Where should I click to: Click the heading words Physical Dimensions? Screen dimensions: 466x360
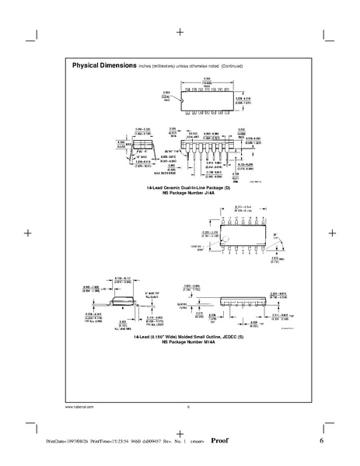point(104,65)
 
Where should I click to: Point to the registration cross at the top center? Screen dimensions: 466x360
point(180,33)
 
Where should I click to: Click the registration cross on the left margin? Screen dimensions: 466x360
point(27,232)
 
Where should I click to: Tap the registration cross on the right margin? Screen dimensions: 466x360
point(332,232)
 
